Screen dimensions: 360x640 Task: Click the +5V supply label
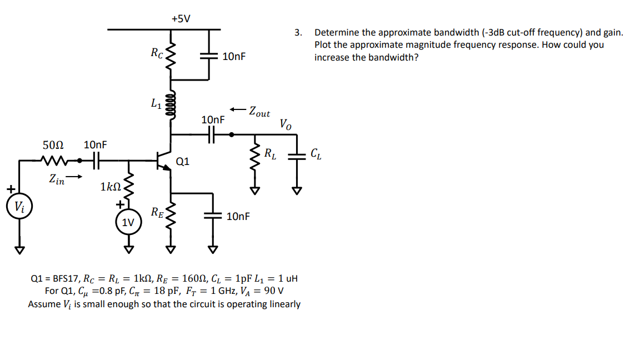tap(181, 18)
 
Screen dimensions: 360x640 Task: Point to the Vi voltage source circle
tap(19, 208)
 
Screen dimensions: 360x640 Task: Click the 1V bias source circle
tap(128, 222)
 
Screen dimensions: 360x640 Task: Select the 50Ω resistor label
tap(53, 145)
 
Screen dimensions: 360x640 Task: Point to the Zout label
tap(259, 112)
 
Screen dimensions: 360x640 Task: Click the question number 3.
tap(298, 33)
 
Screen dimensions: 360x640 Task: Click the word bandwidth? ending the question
tap(394, 57)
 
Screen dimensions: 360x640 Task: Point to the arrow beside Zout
tap(239, 108)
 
